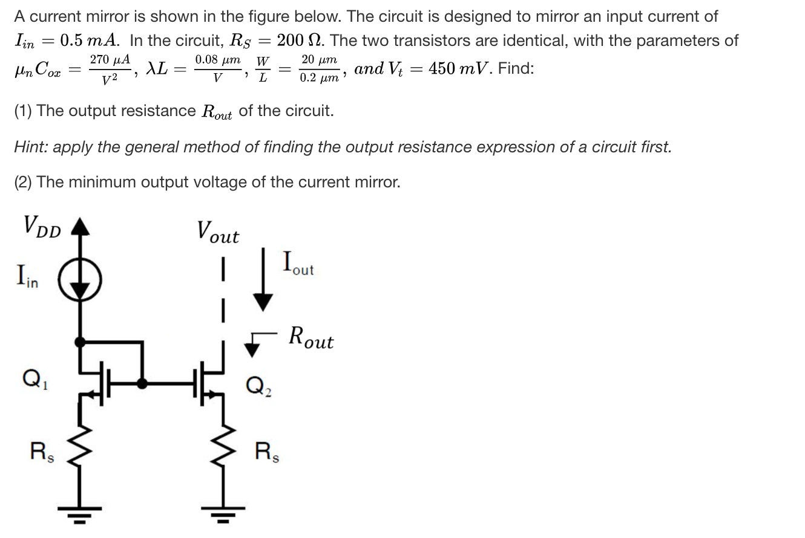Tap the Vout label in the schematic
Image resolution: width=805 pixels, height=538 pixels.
tap(218, 232)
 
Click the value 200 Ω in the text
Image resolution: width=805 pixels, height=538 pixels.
tap(299, 41)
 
